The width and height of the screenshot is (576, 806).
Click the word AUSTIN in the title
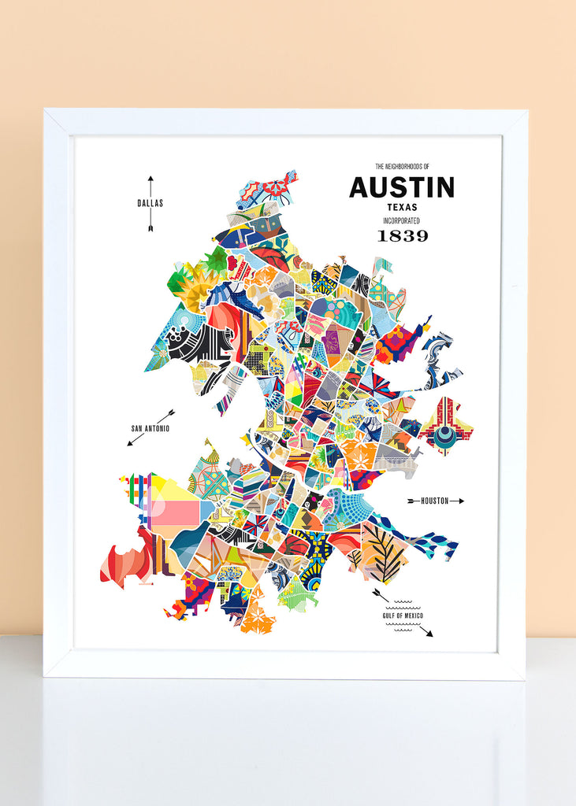pyautogui.click(x=401, y=187)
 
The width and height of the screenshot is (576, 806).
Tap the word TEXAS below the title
pyautogui.click(x=401, y=207)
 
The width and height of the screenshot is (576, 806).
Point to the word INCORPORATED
pyautogui.click(x=401, y=220)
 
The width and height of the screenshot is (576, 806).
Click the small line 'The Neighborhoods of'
pyautogui.click(x=401, y=167)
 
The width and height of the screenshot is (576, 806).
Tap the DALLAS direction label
pyautogui.click(x=150, y=203)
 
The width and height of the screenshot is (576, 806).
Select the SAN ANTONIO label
pyautogui.click(x=150, y=428)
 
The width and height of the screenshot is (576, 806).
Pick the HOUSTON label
pyautogui.click(x=434, y=501)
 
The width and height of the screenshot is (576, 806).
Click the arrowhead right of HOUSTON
pyautogui.click(x=461, y=501)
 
